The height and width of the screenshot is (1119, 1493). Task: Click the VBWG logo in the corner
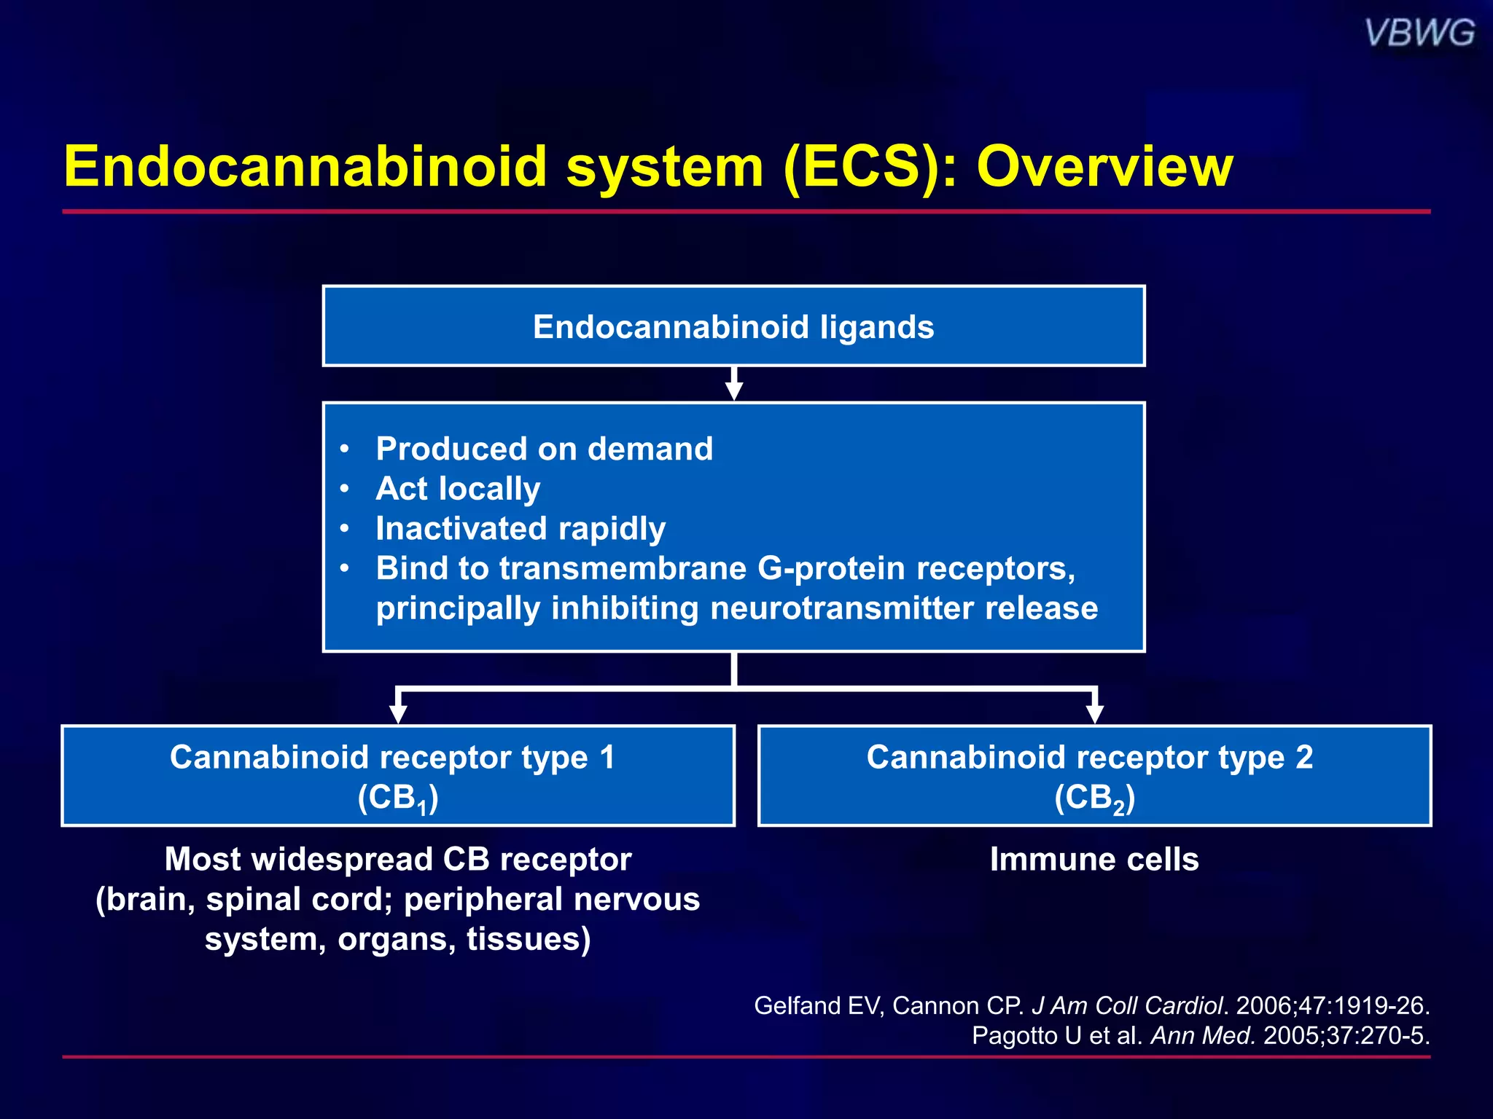(1419, 34)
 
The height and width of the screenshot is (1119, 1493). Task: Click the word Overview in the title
(1104, 167)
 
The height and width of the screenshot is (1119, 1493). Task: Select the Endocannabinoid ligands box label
(733, 327)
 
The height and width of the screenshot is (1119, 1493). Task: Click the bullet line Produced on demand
(544, 449)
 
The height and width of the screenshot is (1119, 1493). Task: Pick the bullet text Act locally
(458, 489)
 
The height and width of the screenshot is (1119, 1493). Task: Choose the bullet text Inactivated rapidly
(521, 529)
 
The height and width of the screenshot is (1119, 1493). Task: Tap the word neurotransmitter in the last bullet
(841, 608)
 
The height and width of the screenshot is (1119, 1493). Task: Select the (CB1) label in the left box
(398, 798)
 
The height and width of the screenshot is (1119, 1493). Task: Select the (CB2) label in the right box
(1094, 798)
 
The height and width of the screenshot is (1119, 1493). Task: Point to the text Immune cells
(1094, 860)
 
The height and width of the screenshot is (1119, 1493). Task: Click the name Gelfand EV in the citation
(819, 1006)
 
